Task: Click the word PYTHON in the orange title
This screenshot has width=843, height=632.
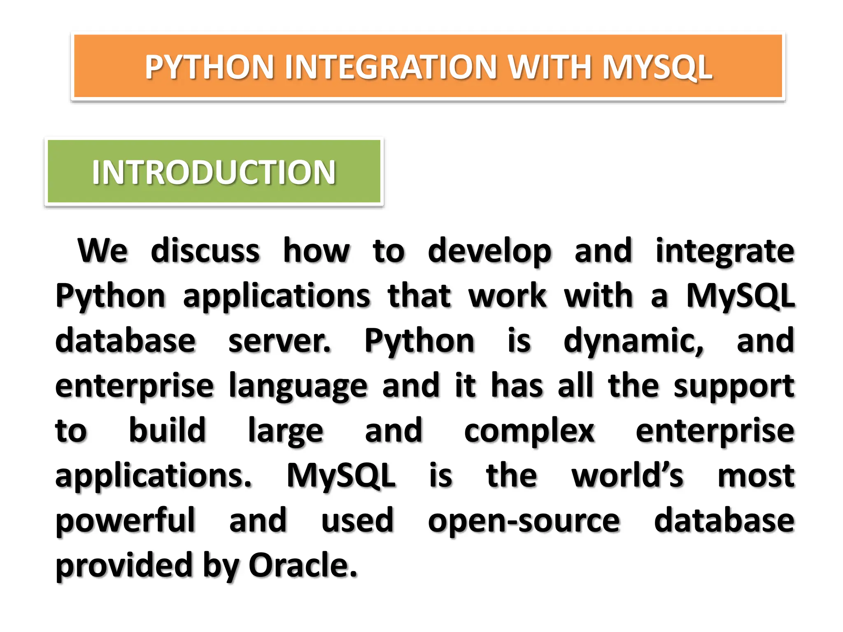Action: (209, 67)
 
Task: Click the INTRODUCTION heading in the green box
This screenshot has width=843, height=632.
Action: (214, 172)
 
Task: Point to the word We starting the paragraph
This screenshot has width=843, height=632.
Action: (102, 251)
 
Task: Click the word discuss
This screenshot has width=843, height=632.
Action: (205, 251)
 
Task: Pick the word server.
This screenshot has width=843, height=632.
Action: (280, 341)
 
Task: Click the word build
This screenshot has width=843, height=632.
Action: (167, 430)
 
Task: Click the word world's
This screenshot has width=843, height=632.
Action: (627, 476)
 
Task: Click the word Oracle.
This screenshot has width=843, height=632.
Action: (303, 565)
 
